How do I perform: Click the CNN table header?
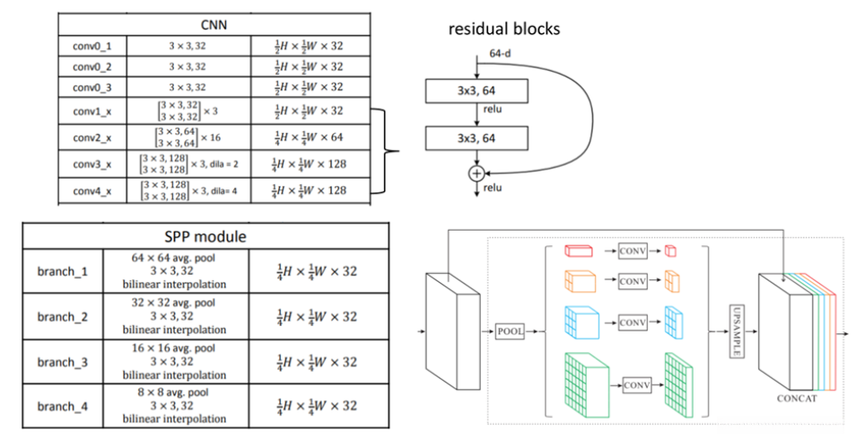[213, 24]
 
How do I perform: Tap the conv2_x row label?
[91, 136]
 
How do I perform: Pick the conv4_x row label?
[91, 190]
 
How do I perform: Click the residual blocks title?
[504, 29]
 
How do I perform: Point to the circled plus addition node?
[476, 172]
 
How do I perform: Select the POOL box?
[509, 331]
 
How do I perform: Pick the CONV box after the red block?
[631, 251]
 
